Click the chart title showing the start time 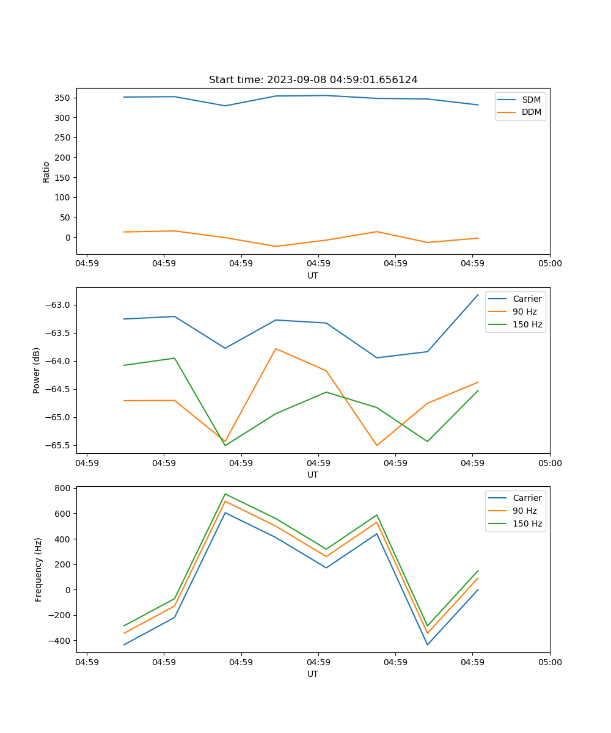tap(313, 80)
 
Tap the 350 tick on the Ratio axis tap(63, 98)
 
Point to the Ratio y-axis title tap(46, 172)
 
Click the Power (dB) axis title tap(37, 370)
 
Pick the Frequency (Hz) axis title tap(38, 569)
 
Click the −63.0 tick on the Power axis tap(59, 305)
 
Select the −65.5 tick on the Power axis tap(59, 445)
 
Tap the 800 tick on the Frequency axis tap(63, 488)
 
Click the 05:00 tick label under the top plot tap(549, 264)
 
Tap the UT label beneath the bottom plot tap(313, 674)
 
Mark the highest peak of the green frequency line tap(225, 494)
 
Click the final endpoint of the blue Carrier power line tap(478, 294)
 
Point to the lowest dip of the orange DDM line tap(276, 246)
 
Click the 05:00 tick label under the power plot tap(549, 463)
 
